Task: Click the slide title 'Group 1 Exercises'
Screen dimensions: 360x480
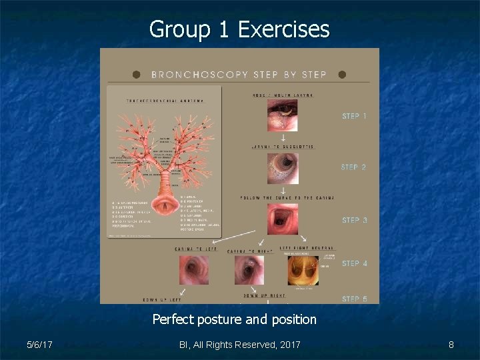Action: pyautogui.click(x=239, y=29)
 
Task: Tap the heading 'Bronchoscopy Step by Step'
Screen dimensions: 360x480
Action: pyautogui.click(x=239, y=74)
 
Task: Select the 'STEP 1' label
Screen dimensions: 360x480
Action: pyautogui.click(x=354, y=116)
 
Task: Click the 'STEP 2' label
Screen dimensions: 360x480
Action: pyautogui.click(x=354, y=167)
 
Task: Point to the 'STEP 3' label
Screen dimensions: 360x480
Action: pyautogui.click(x=354, y=220)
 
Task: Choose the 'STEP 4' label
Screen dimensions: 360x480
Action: pyautogui.click(x=354, y=263)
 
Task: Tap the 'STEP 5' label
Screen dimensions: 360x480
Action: pyautogui.click(x=354, y=299)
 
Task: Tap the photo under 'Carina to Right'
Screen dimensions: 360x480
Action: pyautogui.click(x=249, y=270)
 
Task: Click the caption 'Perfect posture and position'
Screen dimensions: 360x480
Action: pyautogui.click(x=235, y=319)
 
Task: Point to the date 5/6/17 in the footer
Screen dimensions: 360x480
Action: pyautogui.click(x=41, y=345)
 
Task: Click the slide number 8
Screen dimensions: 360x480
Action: pyautogui.click(x=451, y=345)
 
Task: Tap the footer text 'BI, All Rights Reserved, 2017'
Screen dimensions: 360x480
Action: pyautogui.click(x=240, y=345)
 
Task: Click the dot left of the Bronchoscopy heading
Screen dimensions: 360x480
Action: pyautogui.click(x=137, y=74)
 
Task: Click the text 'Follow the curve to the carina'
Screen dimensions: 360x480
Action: pyautogui.click(x=287, y=197)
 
